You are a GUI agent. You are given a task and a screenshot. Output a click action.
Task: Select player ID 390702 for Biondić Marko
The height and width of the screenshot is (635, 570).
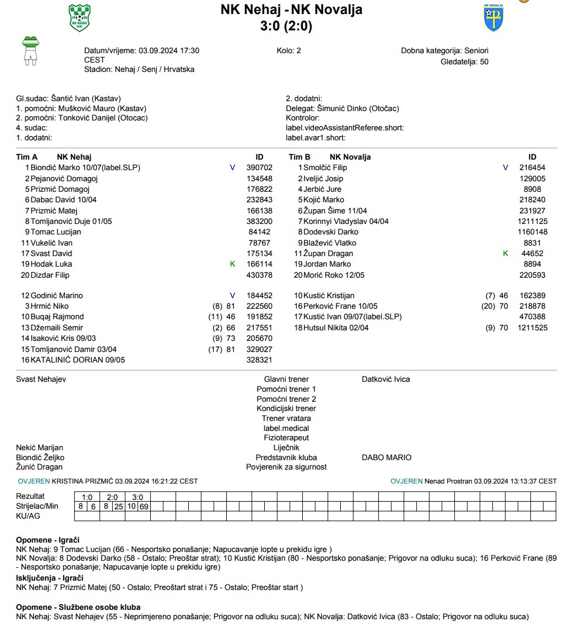point(260,168)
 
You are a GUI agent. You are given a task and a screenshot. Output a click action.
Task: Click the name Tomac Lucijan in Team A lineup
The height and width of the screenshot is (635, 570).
point(56,232)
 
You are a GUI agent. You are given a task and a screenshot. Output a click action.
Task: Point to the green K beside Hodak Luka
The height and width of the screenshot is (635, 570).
point(233,264)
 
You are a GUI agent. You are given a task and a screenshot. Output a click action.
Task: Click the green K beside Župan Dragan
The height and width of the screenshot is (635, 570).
point(506,254)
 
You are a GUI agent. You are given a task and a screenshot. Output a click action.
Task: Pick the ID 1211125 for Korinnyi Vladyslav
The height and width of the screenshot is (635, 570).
point(532,222)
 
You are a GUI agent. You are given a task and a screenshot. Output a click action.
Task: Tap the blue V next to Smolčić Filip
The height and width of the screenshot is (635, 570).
point(506,168)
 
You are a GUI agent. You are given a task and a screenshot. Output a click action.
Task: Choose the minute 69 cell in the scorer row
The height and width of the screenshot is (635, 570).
point(144,506)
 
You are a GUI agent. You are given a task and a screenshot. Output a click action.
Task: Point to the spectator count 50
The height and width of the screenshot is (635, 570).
point(483,61)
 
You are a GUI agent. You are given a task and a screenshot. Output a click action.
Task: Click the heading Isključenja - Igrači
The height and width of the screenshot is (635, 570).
point(50,578)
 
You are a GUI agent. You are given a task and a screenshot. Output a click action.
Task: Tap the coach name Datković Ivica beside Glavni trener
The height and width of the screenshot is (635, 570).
point(386,379)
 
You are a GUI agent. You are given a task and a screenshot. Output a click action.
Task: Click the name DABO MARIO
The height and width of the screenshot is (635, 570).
point(386,458)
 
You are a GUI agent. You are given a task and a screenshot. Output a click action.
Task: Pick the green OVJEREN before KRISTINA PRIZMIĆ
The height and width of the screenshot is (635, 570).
point(34,481)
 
